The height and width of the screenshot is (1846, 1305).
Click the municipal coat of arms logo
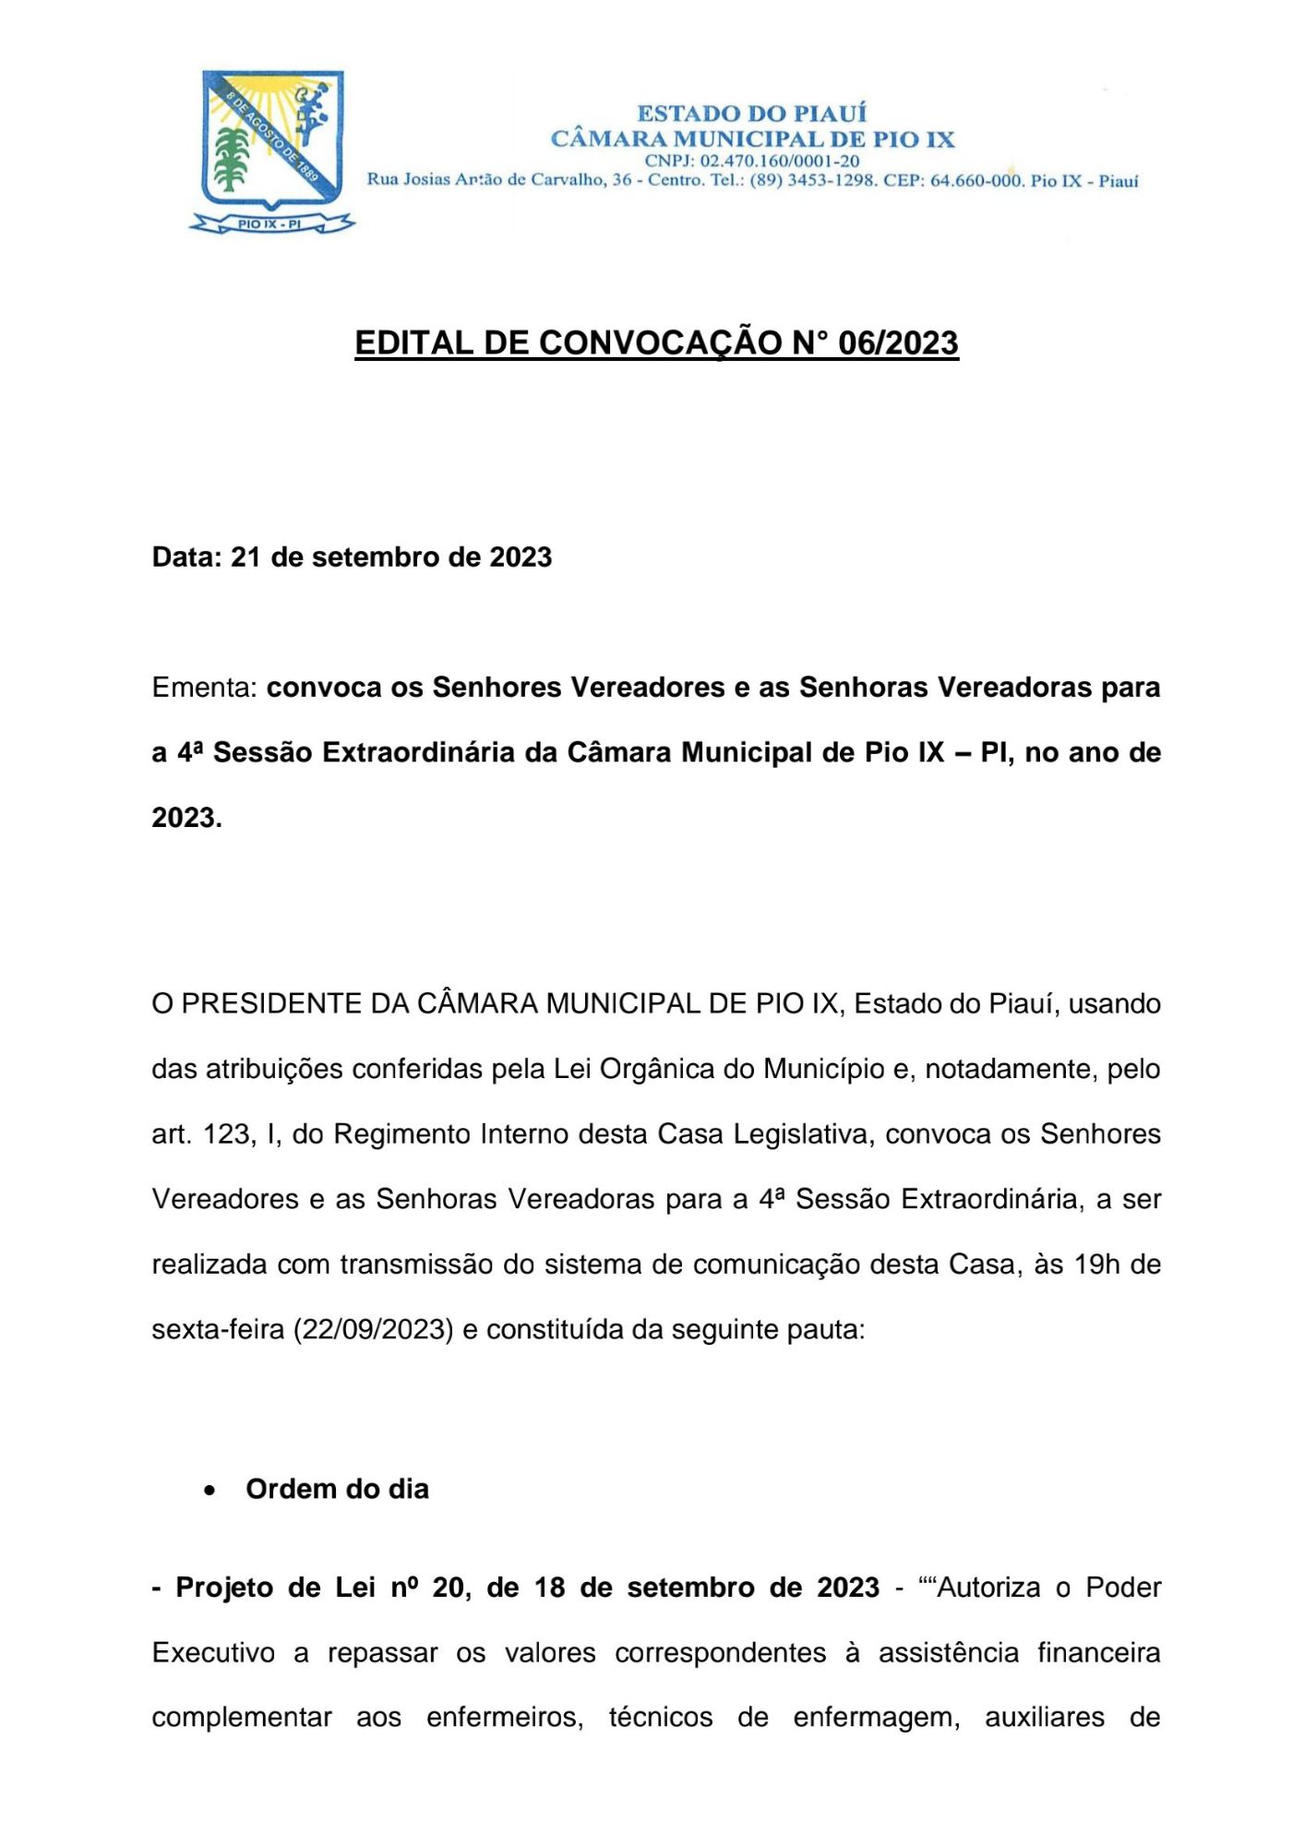(272, 148)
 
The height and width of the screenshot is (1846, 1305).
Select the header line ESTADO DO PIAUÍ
(751, 114)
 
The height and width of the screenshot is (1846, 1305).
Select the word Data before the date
(185, 557)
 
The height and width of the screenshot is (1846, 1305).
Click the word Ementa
(203, 688)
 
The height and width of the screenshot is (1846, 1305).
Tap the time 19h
(1096, 1264)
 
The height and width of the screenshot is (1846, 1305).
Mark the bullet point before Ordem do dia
(211, 1490)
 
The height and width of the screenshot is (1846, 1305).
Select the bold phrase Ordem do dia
(337, 1489)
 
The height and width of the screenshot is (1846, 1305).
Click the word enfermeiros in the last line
(504, 1717)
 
